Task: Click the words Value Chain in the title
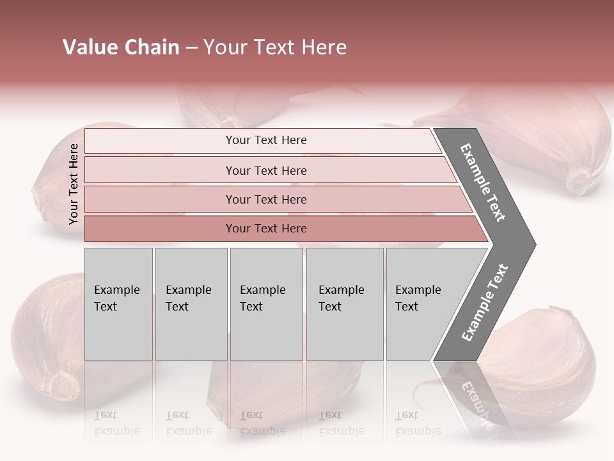pos(121,47)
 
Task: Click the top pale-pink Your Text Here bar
pos(265,140)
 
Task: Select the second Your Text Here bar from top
pos(265,170)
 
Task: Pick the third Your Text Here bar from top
pos(265,199)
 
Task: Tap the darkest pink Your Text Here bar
pos(265,229)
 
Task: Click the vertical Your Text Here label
pos(74,184)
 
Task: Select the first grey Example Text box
pos(118,303)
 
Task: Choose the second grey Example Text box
pos(191,303)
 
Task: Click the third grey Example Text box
pos(266,303)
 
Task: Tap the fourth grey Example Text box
pos(344,303)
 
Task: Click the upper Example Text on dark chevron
pos(484,182)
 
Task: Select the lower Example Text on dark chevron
pos(485,302)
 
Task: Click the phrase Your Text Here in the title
pos(275,47)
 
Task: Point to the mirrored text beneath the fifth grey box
pos(418,423)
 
